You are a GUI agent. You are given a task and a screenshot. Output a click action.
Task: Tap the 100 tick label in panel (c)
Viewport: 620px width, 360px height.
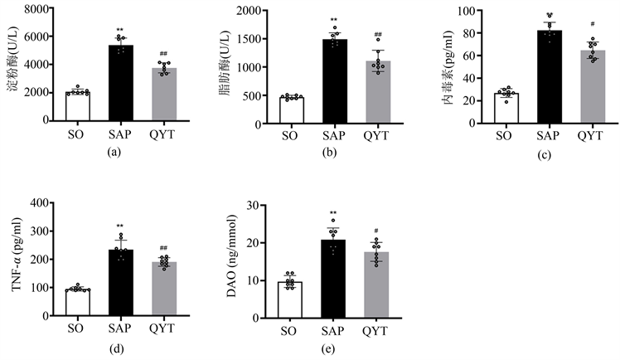[x=466, y=12]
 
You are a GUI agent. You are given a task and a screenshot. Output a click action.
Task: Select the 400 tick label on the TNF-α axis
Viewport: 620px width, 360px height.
[x=38, y=202]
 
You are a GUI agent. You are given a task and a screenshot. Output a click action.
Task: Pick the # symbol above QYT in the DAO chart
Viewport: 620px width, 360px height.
[x=376, y=231]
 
